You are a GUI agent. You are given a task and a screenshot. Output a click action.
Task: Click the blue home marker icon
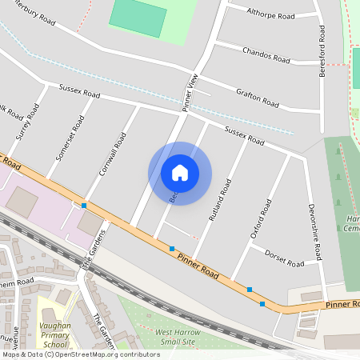click(180, 172)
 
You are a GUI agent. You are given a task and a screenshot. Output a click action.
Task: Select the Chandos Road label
click(266, 54)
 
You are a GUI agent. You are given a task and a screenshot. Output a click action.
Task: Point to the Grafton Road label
click(257, 98)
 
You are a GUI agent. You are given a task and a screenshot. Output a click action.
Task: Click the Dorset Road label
click(284, 258)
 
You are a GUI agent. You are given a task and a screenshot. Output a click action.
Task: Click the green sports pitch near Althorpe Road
click(138, 16)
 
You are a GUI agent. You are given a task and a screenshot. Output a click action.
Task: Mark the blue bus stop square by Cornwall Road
click(84, 206)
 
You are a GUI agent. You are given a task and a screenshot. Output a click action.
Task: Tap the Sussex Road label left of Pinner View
click(78, 90)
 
